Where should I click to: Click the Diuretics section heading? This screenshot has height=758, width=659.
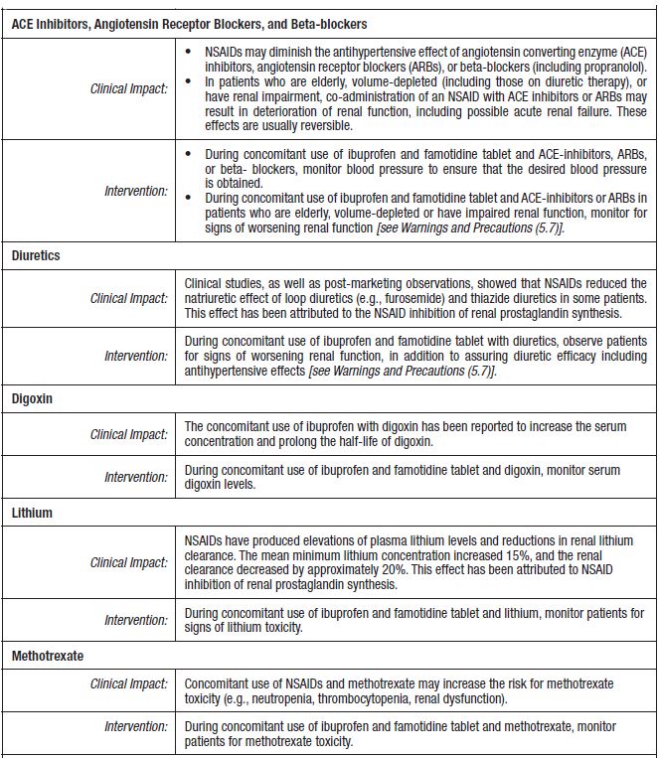[x=36, y=255]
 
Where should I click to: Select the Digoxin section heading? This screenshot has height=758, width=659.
[x=33, y=397]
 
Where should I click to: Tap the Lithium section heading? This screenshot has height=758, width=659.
[x=32, y=513]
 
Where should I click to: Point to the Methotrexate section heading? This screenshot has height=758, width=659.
[x=48, y=657]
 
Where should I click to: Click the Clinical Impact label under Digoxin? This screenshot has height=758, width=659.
[x=128, y=434]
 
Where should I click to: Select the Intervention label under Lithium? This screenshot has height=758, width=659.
[x=136, y=621]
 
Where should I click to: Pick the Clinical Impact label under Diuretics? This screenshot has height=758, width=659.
[x=128, y=299]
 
